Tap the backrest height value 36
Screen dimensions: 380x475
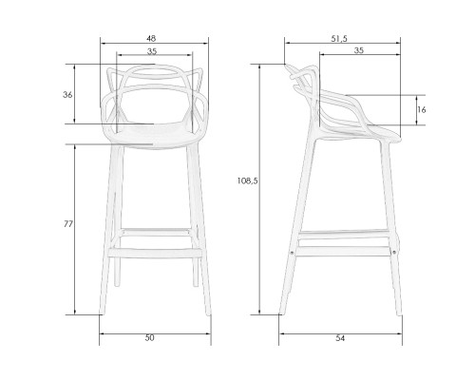(67, 95)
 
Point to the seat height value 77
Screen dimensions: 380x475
(67, 225)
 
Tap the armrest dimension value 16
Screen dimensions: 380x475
(423, 110)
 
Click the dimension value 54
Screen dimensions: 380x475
(338, 338)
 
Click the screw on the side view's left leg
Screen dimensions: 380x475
(291, 252)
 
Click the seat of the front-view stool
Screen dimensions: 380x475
(153, 133)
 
